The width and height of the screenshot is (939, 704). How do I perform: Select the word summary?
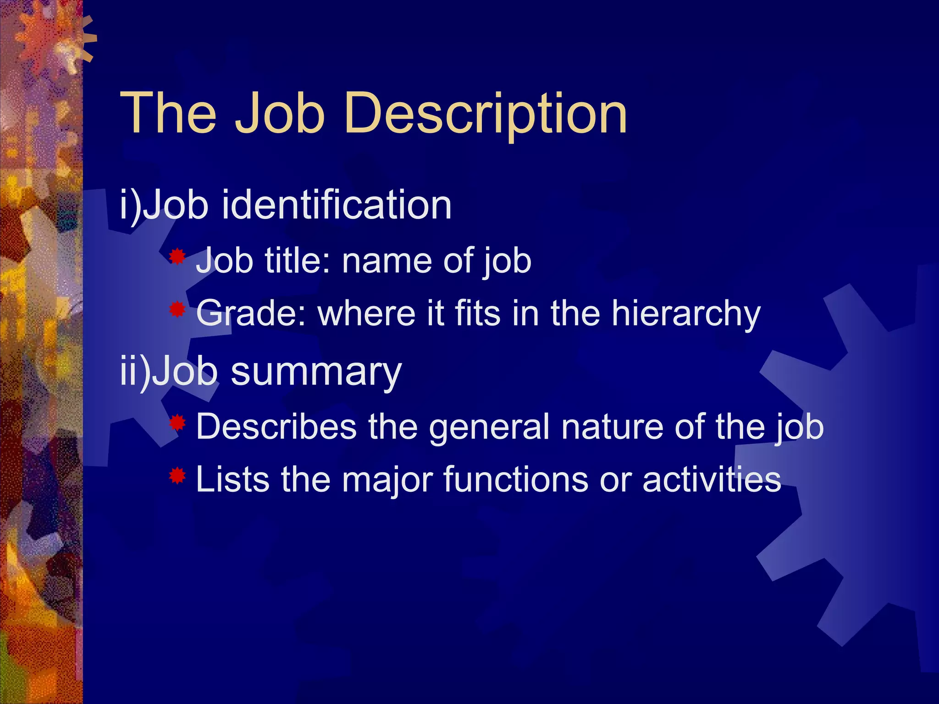tap(316, 372)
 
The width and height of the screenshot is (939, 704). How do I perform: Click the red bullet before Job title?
tap(177, 257)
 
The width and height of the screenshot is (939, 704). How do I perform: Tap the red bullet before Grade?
tap(177, 310)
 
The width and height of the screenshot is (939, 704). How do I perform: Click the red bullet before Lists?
tap(177, 476)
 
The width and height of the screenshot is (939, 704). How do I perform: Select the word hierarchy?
tap(686, 314)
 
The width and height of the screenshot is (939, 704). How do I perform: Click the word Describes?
tap(276, 426)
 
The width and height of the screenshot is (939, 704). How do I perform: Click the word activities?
tap(712, 479)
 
